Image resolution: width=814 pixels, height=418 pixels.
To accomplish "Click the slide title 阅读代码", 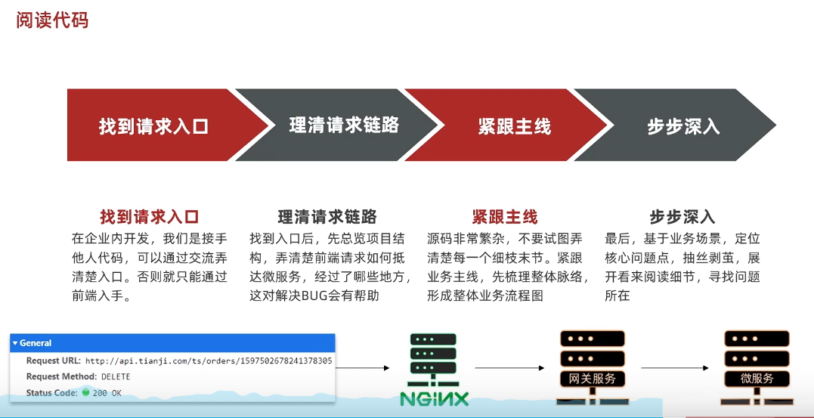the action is click(x=52, y=20).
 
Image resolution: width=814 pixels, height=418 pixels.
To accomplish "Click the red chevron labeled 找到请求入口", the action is click(x=153, y=125).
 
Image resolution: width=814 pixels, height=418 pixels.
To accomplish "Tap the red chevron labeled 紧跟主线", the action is click(x=514, y=125).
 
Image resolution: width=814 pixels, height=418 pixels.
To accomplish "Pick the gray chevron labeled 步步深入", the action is click(x=683, y=125).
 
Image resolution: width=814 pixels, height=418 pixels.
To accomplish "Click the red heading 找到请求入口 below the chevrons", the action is click(x=150, y=217).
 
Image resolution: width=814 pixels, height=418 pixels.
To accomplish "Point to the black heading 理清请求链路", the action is click(x=327, y=217).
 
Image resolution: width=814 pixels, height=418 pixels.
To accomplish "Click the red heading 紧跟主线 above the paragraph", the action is click(x=504, y=217).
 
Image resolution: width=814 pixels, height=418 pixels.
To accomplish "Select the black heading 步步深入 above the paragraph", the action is click(x=682, y=217).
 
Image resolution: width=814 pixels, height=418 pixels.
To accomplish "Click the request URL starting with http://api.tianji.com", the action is click(x=208, y=361).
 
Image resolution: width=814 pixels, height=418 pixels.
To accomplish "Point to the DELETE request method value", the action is click(x=116, y=376).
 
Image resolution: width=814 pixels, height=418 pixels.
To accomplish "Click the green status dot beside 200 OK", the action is click(x=86, y=392).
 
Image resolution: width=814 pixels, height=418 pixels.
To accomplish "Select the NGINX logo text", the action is click(x=434, y=398).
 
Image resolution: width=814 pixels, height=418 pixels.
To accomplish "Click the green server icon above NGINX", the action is click(x=434, y=358).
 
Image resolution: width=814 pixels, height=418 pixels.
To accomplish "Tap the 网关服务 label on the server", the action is click(x=592, y=378).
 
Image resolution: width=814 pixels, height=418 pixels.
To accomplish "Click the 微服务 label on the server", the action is click(x=757, y=378).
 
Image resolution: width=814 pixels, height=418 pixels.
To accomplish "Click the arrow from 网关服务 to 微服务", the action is click(x=674, y=368).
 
